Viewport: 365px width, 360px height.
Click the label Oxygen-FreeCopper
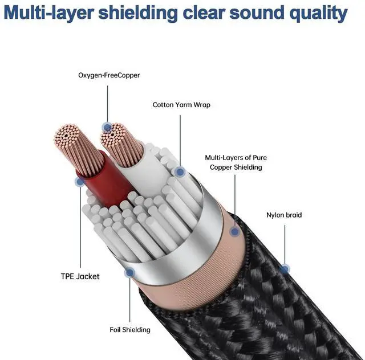point(109,75)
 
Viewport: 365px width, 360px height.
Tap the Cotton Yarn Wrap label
point(181,105)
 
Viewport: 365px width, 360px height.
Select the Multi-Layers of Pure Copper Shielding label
point(236,162)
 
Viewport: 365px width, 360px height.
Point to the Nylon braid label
point(284,215)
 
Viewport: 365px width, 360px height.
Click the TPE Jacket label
point(80,276)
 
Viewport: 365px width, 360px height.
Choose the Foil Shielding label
point(130,330)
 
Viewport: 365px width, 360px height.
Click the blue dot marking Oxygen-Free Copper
point(106,127)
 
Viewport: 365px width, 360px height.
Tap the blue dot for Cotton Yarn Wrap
point(180,171)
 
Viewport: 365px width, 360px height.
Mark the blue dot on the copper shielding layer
point(234,232)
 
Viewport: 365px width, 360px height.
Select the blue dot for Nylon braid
point(285,268)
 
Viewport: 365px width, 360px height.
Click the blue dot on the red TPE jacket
point(79,182)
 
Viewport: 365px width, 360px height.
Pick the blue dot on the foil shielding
point(130,273)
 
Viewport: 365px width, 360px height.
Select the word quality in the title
point(317,13)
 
